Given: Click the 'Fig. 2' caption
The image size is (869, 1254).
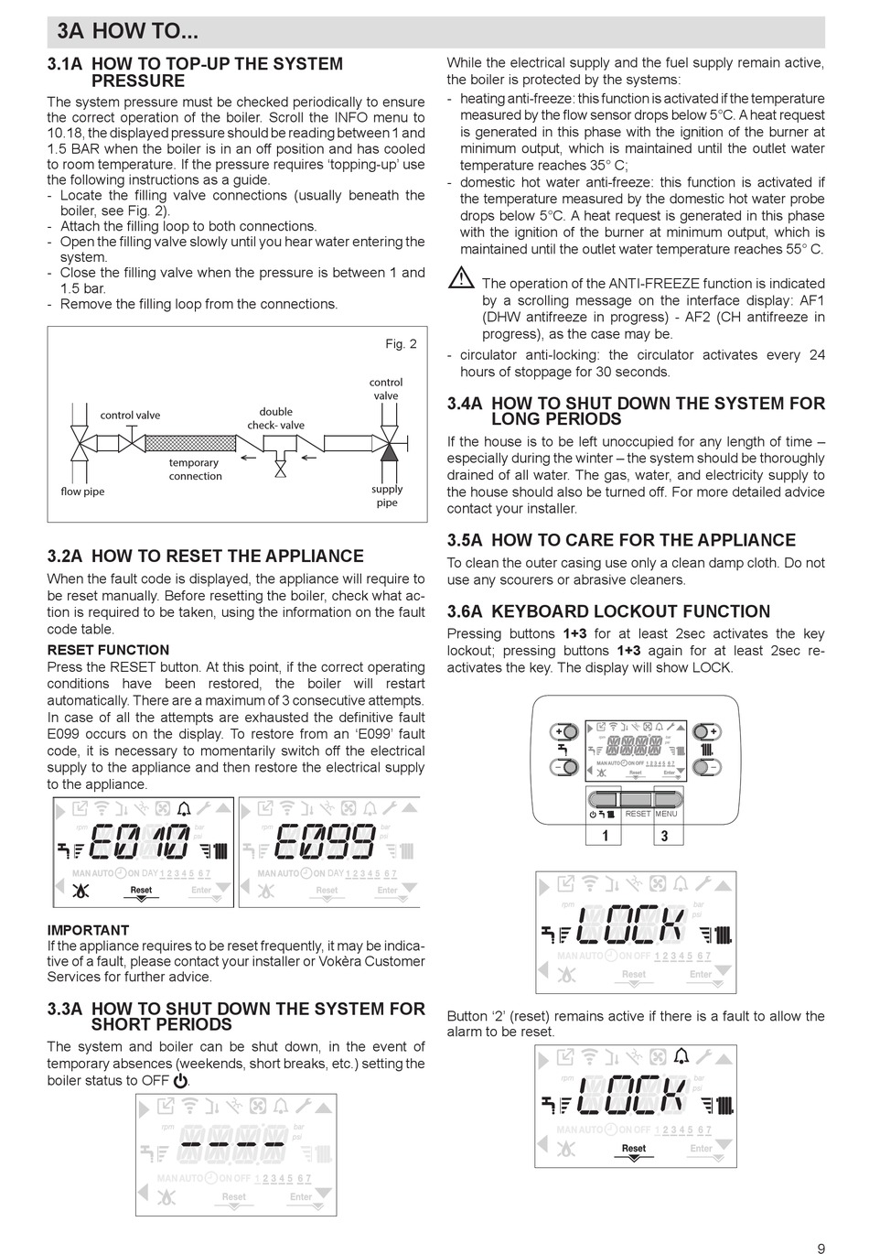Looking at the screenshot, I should (401, 344).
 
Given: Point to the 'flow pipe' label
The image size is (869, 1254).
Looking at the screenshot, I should (82, 492).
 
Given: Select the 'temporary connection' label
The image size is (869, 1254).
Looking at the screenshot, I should (194, 469).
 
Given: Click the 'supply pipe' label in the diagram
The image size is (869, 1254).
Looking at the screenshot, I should (387, 495).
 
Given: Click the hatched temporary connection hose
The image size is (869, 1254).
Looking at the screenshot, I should (188, 443).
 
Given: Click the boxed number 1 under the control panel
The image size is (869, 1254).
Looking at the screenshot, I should (604, 835).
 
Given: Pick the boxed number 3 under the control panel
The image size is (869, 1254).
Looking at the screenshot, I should (664, 835).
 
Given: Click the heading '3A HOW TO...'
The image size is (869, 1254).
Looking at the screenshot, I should (127, 32).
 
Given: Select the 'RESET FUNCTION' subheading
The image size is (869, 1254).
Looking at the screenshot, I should (108, 650).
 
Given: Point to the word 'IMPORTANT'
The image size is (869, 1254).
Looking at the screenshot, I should (88, 930).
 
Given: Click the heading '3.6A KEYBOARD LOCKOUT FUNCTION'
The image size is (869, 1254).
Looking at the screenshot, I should (608, 611).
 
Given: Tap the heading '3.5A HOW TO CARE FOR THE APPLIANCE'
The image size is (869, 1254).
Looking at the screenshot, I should (621, 540).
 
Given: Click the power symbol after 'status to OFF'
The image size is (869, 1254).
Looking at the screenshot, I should (180, 1081).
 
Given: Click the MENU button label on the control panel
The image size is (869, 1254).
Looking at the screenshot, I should (666, 814).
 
